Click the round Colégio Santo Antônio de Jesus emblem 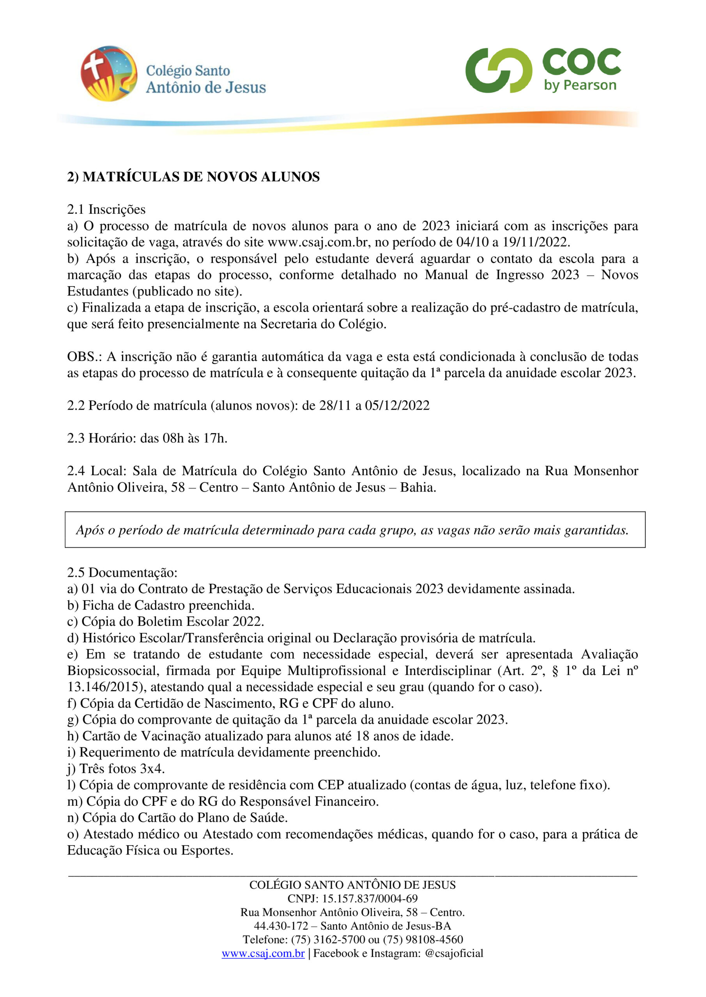pos(109,73)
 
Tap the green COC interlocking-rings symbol pos(498,71)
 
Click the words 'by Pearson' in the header pos(580,85)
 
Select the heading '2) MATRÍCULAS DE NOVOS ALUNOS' pos(193,177)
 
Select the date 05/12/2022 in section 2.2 pos(397,405)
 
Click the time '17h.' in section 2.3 pos(215,438)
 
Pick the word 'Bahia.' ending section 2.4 pos(418,487)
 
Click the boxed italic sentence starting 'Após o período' pos(352,530)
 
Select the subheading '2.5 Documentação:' pos(122,572)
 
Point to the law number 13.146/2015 pos(106,687)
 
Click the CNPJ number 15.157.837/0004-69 pos(370,898)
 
